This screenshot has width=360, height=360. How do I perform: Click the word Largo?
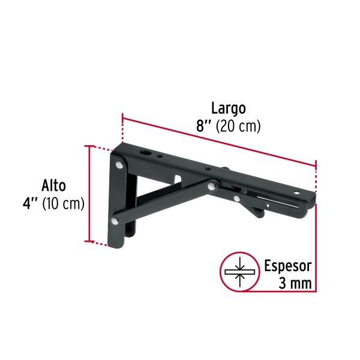tap(228, 109)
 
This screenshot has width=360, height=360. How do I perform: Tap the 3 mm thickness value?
tap(296, 283)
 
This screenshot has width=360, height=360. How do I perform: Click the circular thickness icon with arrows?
tap(239, 272)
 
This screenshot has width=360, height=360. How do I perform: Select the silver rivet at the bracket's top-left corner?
tap(120, 163)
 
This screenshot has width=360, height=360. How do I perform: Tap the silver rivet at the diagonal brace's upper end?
tap(212, 187)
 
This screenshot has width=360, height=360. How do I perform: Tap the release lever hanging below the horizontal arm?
tap(255, 210)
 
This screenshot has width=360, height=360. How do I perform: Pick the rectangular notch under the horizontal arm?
tap(178, 179)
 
